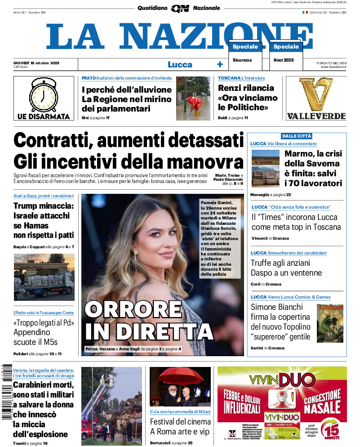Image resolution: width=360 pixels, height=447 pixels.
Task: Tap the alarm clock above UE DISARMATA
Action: (x=44, y=94)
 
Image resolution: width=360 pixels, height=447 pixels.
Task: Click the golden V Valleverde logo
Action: (x=316, y=95)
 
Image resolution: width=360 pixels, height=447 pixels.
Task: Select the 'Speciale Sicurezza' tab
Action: (x=245, y=53)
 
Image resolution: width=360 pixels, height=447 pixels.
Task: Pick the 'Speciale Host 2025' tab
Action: (x=286, y=53)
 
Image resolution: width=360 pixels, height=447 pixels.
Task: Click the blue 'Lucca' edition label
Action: (x=180, y=65)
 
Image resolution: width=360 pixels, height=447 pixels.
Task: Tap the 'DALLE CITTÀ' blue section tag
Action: (x=296, y=136)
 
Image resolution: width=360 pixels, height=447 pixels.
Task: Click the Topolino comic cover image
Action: (x=330, y=323)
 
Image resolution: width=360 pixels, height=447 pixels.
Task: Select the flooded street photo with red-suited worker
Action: (x=193, y=98)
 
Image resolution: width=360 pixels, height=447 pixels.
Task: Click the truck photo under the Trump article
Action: (x=44, y=277)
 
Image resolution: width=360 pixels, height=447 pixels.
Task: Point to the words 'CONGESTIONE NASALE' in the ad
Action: (x=322, y=402)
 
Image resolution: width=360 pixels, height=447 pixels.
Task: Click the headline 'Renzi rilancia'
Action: (x=246, y=88)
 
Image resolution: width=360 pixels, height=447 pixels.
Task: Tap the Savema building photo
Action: (x=265, y=168)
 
